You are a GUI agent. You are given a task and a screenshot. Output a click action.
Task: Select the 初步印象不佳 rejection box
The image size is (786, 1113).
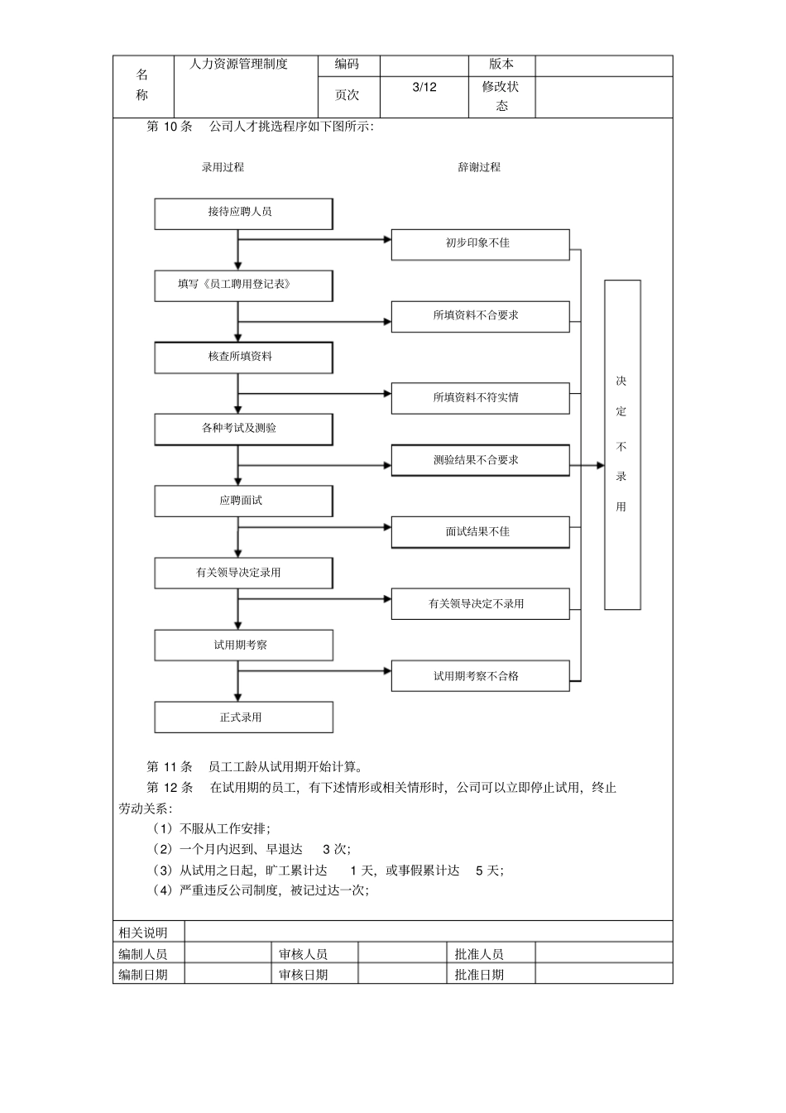coord(480,244)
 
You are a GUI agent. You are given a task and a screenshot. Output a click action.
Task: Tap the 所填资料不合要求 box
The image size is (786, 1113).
coord(480,316)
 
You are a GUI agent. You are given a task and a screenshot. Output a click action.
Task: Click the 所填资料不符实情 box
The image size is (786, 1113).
coord(480,398)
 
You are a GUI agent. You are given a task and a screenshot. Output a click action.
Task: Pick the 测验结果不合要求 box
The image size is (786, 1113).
coord(480,460)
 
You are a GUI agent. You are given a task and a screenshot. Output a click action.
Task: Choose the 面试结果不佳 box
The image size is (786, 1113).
coord(480,532)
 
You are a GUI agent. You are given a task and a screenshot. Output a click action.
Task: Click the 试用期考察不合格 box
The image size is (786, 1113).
coord(480,676)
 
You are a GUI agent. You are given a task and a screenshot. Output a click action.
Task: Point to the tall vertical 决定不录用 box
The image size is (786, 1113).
coord(622,444)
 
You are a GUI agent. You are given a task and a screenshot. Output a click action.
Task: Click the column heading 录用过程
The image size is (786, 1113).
coord(223,167)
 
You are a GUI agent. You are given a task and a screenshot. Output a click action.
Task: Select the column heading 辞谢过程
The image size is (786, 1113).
coord(479,167)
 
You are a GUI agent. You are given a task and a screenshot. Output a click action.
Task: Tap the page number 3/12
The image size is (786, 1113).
coord(424,88)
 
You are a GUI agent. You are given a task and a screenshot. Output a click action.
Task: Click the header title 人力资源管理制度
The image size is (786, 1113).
coord(238,65)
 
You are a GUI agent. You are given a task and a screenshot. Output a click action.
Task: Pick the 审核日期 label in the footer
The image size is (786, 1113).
coord(304,975)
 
